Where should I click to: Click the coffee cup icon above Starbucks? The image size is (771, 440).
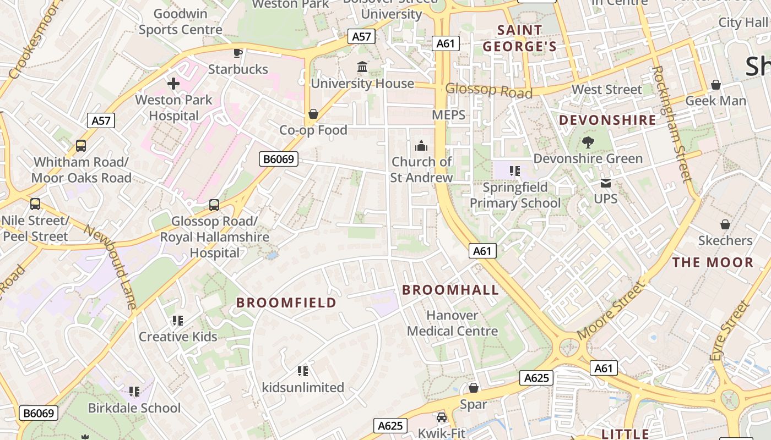[237, 53]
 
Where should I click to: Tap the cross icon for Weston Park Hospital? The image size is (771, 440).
[173, 84]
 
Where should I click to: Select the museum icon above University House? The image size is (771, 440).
[362, 67]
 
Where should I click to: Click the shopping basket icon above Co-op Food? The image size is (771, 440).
[313, 114]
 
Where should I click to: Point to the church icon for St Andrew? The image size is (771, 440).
[421, 146]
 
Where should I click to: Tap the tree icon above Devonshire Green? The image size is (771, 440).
[588, 142]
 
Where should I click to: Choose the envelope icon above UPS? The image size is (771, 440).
[606, 183]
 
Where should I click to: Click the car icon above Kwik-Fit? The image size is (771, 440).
[441, 417]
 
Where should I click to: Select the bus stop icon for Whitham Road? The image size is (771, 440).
[81, 146]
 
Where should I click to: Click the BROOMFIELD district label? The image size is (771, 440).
[286, 302]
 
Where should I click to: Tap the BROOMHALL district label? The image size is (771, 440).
[450, 290]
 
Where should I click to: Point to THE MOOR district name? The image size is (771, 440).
[712, 262]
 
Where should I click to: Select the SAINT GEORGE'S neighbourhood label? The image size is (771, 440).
[520, 38]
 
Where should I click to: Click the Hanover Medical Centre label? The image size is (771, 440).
[452, 323]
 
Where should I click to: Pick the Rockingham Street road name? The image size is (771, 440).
[671, 124]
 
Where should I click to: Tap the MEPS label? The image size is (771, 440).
[448, 115]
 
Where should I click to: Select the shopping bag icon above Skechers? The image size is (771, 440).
[725, 224]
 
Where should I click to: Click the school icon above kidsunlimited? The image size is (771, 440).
[302, 371]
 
